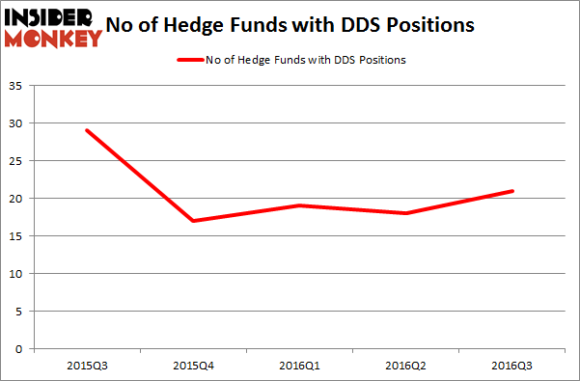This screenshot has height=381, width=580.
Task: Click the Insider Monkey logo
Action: (53, 27)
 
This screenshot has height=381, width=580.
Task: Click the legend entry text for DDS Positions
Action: (305, 60)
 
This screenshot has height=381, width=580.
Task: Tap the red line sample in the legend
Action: (189, 60)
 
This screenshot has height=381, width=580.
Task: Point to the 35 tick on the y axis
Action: (19, 86)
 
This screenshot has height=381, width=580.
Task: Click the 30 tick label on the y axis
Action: (19, 123)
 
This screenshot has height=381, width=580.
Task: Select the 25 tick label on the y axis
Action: (19, 161)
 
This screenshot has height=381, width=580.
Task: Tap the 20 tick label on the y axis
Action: (19, 199)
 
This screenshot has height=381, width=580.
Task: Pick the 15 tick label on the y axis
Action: (19, 236)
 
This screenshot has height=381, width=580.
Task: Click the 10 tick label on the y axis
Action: (19, 274)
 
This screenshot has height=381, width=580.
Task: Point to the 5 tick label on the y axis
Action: (22, 312)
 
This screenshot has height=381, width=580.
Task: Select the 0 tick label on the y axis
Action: (22, 349)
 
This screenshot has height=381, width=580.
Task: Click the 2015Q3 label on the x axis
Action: (87, 365)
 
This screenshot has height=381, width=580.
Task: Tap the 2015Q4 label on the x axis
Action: (193, 365)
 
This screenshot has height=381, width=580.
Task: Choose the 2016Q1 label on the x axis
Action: (299, 365)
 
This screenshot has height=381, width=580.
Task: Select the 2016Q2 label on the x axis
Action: (405, 365)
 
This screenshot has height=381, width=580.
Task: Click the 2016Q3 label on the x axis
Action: (511, 365)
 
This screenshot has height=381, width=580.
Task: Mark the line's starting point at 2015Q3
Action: (87, 130)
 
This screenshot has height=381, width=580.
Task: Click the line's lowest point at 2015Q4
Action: (193, 221)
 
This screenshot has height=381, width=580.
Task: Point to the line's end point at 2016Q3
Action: (511, 191)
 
